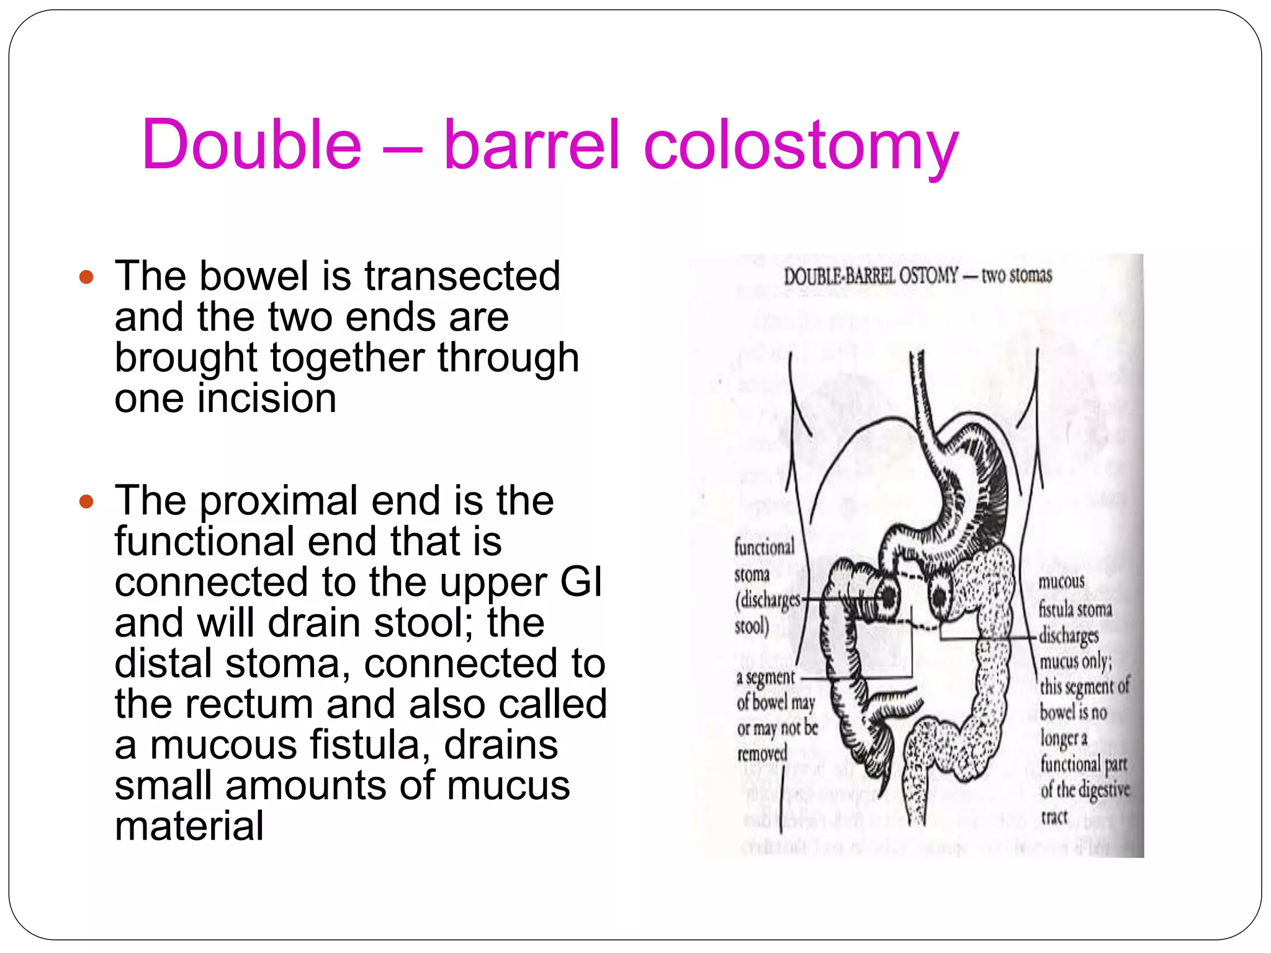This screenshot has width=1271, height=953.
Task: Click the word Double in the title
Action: click(251, 145)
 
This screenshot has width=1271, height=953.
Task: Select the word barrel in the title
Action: click(532, 145)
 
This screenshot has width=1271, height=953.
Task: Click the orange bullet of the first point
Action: click(86, 277)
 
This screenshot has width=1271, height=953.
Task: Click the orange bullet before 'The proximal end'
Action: click(86, 501)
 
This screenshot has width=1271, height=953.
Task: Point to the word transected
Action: click(462, 276)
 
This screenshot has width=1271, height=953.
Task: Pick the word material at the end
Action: click(189, 826)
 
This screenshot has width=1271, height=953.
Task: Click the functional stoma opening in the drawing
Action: click(888, 597)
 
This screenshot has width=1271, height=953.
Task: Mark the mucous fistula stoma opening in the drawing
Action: click(940, 597)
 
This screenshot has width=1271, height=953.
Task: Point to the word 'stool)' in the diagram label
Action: click(752, 626)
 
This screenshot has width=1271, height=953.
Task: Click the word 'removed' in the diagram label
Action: click(762, 754)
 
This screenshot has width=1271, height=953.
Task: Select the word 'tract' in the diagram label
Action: click(1054, 817)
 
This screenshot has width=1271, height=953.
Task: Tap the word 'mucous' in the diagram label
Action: click(1061, 582)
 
